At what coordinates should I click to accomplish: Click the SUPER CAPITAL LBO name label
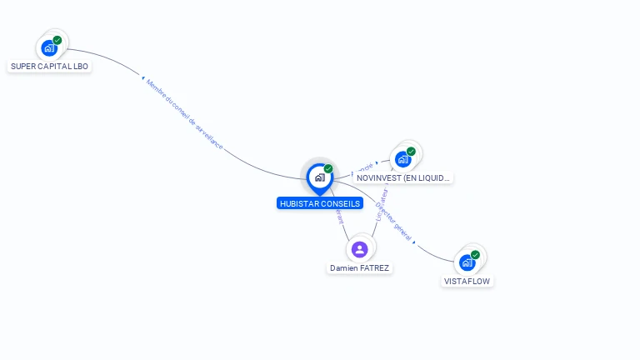point(49,66)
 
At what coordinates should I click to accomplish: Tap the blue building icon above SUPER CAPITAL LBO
point(49,48)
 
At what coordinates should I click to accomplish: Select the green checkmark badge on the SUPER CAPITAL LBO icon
point(57,40)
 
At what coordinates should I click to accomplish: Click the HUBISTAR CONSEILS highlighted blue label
point(320,203)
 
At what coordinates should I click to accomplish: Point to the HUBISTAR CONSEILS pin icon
point(319,177)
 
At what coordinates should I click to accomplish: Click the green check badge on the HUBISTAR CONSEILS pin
point(328,169)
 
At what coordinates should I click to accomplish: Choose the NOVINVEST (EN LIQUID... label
point(403,177)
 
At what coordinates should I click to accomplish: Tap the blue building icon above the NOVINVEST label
point(403,159)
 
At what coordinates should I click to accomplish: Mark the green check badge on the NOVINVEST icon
point(412,152)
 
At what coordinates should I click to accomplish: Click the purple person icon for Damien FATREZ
point(360,249)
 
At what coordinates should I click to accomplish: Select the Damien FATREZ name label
point(360,268)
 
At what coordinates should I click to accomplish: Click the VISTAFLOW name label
point(467,282)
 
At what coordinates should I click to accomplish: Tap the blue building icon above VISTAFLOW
point(467,262)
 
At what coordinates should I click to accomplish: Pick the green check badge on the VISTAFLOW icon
point(476,255)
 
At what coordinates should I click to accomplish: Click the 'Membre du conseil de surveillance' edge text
point(184,114)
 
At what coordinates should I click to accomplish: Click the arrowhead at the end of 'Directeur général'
point(414,242)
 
